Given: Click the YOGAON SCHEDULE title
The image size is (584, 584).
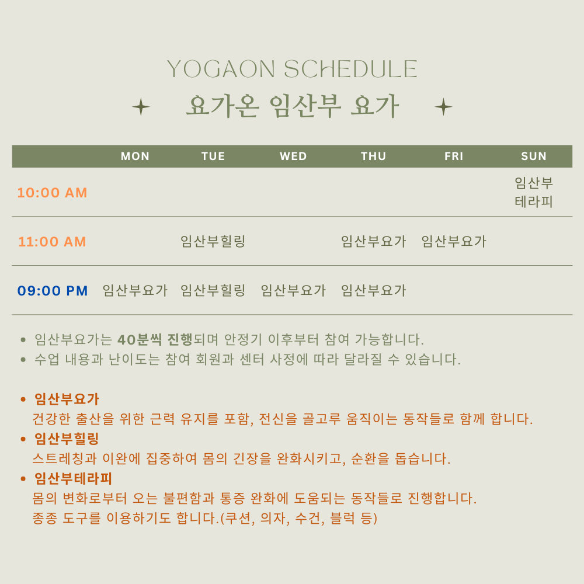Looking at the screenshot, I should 292,69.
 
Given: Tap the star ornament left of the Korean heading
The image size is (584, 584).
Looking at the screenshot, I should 141,107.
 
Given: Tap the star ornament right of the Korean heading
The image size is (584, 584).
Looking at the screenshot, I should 443,107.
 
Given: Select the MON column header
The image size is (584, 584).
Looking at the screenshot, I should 135,156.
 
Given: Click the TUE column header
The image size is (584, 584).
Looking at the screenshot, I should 213,156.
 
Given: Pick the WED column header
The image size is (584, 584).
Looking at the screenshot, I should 293,156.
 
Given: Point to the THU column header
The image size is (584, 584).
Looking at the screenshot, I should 373,156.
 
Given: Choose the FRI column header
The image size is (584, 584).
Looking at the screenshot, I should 454,156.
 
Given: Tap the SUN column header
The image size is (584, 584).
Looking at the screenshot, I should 534,156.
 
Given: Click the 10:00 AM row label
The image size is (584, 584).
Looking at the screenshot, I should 52,193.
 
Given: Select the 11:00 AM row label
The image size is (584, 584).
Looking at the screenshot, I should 52,242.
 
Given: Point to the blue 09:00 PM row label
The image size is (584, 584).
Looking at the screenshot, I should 53,291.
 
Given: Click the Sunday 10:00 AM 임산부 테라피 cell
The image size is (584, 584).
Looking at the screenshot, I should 534,193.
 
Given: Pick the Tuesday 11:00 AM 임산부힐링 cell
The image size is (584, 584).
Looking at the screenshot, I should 213,241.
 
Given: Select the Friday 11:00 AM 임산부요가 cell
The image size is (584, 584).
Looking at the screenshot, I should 454,241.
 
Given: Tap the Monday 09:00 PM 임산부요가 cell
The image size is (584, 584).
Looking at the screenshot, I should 135,290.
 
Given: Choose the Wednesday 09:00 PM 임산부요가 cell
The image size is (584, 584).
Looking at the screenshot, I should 293,290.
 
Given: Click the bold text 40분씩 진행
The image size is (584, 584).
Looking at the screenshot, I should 155,339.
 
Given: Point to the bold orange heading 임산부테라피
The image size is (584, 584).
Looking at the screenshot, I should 73,478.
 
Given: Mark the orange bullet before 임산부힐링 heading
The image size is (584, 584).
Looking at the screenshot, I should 23,439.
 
